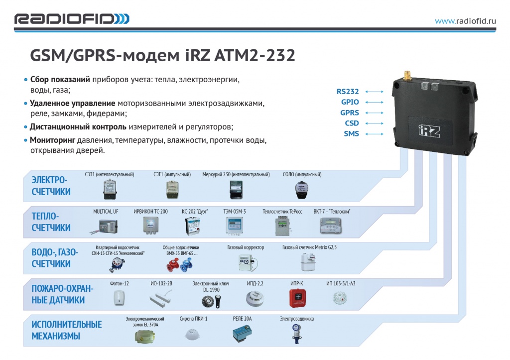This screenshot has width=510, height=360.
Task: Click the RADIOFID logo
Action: (x=72, y=19)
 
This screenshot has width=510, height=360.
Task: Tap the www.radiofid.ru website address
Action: (x=466, y=21)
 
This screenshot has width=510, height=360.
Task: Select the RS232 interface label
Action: (x=348, y=92)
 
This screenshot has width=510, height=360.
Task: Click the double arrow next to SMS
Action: (x=374, y=134)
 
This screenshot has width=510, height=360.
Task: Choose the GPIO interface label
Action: (x=350, y=102)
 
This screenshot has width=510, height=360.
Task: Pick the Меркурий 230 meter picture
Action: (x=236, y=190)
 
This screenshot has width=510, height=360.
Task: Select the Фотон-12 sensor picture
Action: (x=119, y=298)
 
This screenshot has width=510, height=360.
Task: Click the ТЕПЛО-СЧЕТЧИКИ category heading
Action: (x=51, y=222)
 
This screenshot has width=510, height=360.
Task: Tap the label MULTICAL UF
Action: (x=106, y=212)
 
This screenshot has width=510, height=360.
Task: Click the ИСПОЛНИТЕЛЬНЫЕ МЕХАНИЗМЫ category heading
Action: (x=66, y=330)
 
